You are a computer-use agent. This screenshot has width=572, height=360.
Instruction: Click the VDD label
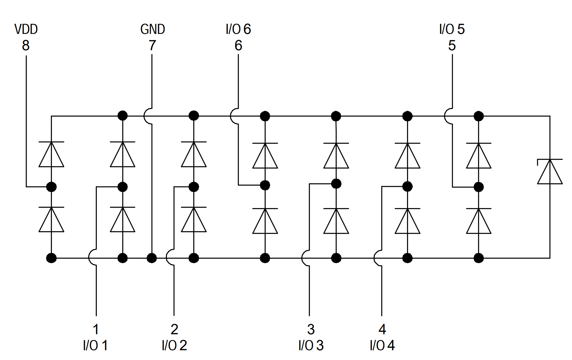(x=26, y=29)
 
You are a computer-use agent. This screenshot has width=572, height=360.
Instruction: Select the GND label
(x=153, y=29)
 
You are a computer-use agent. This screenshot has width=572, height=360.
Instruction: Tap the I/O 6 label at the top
(x=238, y=29)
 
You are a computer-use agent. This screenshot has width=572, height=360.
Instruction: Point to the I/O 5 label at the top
(x=452, y=29)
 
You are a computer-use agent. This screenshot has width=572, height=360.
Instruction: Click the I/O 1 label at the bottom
(x=95, y=345)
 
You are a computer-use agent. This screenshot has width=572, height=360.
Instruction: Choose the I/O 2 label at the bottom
(x=174, y=345)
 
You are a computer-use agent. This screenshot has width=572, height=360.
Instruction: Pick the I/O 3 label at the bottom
(x=311, y=345)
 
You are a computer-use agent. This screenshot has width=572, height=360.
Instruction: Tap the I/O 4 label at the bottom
(x=382, y=345)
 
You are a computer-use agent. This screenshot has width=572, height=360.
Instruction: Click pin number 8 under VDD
(x=26, y=45)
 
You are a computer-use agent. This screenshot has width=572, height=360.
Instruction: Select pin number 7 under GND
(x=152, y=45)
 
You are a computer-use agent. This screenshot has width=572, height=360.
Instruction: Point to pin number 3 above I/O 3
(x=311, y=329)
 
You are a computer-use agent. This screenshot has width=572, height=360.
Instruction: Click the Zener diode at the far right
(x=550, y=172)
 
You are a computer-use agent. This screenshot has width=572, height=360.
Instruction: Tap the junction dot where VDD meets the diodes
(x=51, y=187)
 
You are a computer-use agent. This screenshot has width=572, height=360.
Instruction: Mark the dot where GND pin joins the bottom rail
(x=152, y=258)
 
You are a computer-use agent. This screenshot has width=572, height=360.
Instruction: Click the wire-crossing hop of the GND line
(x=147, y=116)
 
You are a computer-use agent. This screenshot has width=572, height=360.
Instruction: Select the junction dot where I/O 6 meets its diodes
(x=265, y=185)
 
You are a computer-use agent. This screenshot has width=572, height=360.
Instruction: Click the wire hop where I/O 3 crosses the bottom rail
(x=305, y=258)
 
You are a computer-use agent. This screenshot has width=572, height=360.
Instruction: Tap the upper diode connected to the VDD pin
(x=51, y=154)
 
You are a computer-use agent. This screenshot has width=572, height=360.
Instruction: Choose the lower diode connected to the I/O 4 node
(x=407, y=221)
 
